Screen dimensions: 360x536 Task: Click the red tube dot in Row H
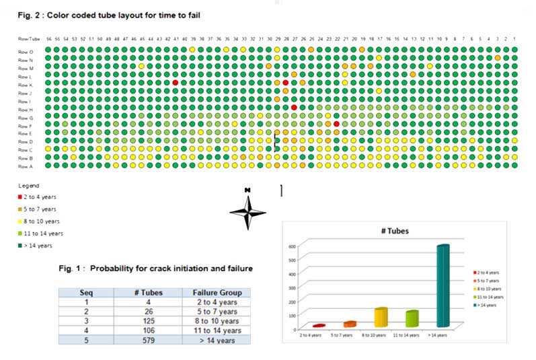(295, 108)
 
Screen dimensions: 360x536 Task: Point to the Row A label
(26, 166)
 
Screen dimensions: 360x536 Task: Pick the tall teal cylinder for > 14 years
(443, 286)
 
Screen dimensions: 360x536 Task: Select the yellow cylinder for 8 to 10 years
(381, 317)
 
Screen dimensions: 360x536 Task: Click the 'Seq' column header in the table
(85, 293)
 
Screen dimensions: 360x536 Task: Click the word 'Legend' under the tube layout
(28, 186)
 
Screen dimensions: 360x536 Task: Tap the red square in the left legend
(21, 197)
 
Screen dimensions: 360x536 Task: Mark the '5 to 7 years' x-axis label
(343, 334)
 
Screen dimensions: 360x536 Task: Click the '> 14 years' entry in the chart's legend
(489, 305)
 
